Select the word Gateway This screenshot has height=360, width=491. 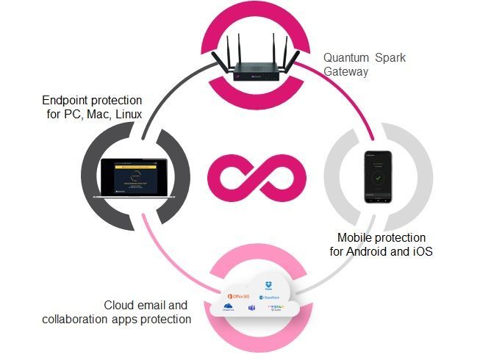343,72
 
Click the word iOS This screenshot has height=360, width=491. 425,252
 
